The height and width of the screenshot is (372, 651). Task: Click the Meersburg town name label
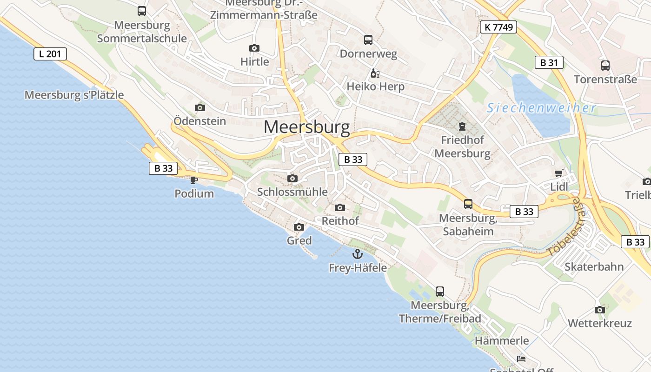pos(306,127)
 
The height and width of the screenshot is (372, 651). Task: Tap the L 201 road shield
pos(50,54)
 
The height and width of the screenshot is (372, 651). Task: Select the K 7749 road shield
pos(498,27)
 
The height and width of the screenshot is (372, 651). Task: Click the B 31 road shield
pos(549,62)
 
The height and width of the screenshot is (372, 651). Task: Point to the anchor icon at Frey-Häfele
pos(357,254)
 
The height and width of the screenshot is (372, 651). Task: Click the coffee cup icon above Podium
pos(194,180)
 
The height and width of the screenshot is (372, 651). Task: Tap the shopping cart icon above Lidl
pos(558,173)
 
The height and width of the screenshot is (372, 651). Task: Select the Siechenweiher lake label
pos(541,108)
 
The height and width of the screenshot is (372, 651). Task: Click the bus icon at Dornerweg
pos(368,40)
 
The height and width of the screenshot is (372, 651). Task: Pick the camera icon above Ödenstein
pos(200,108)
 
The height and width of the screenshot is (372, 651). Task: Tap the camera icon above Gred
pos(299,227)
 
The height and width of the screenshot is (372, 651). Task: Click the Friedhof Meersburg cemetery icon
pos(462,126)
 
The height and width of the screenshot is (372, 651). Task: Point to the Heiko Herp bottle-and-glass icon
pos(375,73)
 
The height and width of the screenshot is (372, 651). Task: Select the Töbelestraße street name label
pos(564,227)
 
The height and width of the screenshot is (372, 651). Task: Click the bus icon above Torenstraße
pos(605,66)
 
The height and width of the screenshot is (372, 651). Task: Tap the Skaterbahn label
pos(594,267)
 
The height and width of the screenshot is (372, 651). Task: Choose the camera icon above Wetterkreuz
pos(600,310)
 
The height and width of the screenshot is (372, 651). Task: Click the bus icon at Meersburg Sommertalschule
pos(142,11)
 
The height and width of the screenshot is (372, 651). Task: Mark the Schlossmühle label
pos(292,192)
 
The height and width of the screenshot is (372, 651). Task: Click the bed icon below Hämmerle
pos(521,359)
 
